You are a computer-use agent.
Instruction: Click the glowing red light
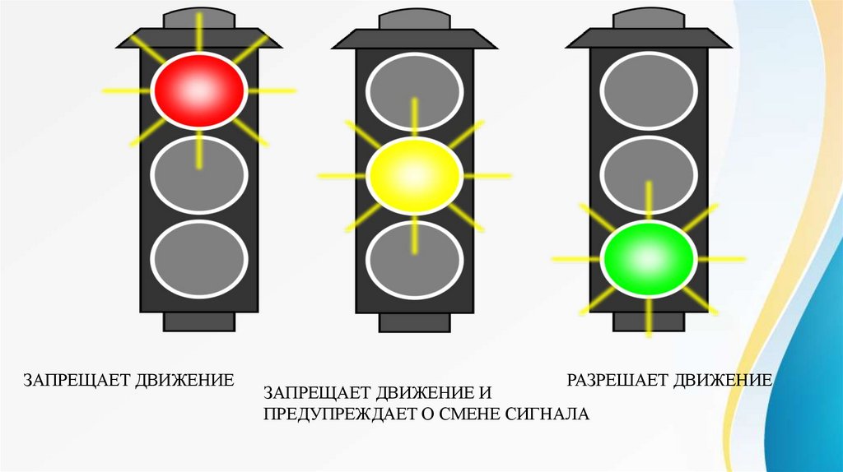(198, 90)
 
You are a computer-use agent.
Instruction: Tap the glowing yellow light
(413, 175)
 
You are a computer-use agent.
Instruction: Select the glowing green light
(649, 259)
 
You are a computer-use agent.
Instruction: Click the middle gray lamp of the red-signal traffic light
(198, 174)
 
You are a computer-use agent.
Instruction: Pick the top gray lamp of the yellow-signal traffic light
(413, 90)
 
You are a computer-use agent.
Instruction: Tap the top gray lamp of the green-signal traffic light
(649, 90)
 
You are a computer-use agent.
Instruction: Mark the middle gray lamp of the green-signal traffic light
(649, 174)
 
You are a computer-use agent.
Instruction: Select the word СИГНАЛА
(549, 413)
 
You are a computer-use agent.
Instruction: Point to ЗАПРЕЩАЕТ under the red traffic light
(73, 380)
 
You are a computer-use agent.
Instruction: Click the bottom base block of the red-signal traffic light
(198, 322)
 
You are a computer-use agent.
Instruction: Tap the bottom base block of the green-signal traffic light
(649, 322)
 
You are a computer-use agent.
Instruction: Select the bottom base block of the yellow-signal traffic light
(413, 322)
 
